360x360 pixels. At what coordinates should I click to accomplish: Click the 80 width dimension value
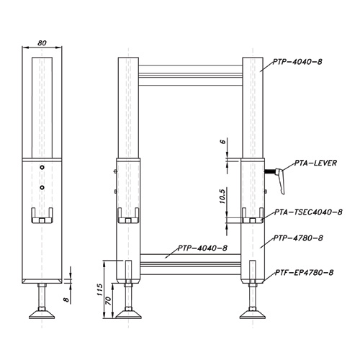[x=42, y=43]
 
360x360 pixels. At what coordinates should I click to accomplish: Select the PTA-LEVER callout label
[x=315, y=163]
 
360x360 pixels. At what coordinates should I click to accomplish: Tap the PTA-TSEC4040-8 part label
[x=308, y=212]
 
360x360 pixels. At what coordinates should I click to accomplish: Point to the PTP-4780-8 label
[x=298, y=238]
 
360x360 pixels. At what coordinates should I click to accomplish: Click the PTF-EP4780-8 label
[x=305, y=273]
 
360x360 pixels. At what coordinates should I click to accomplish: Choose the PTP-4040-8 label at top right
[x=297, y=62]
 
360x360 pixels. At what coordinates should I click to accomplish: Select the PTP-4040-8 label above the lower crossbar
[x=202, y=248]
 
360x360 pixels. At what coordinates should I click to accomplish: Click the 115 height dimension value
[x=100, y=289]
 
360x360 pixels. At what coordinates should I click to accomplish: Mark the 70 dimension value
[x=109, y=301]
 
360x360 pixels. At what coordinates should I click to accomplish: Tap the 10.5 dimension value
[x=222, y=197]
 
